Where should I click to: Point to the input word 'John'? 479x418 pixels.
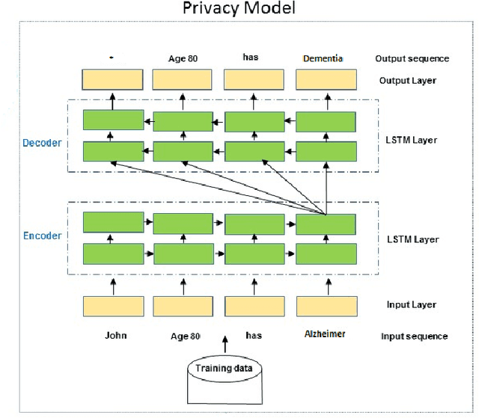click(115, 335)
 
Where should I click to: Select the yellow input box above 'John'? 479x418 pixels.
click(114, 305)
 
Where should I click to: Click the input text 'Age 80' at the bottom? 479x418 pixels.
click(184, 335)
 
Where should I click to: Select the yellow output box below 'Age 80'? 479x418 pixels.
click(184, 79)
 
